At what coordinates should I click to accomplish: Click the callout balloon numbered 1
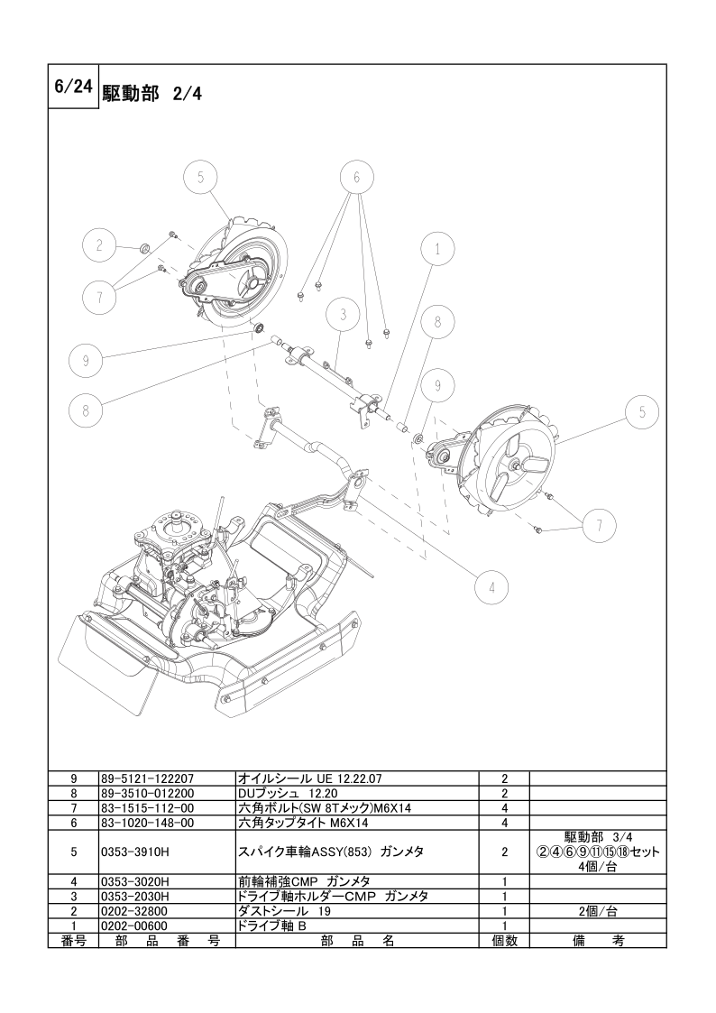(437, 249)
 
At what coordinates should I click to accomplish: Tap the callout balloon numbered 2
(99, 245)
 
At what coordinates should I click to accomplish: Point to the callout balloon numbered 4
(491, 587)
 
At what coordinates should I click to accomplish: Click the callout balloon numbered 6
(355, 177)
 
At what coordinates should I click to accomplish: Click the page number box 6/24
(74, 87)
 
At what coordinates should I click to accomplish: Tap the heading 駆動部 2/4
(152, 94)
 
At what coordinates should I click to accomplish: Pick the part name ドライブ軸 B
(271, 926)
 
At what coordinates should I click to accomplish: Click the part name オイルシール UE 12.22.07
(310, 779)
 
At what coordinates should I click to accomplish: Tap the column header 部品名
(357, 940)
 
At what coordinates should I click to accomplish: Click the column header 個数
(504, 940)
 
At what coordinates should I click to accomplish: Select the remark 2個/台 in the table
(598, 911)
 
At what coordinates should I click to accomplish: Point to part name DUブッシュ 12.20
(288, 793)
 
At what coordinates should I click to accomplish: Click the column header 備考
(598, 940)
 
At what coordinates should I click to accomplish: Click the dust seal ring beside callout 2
(145, 247)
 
